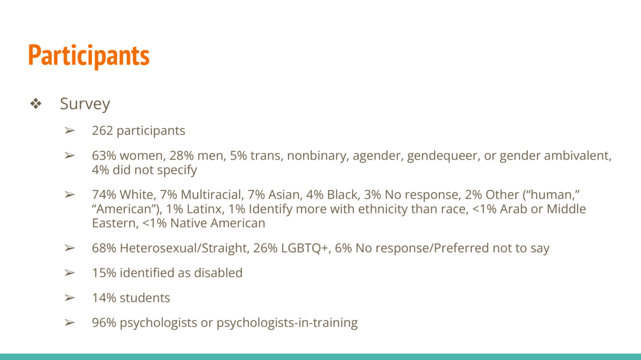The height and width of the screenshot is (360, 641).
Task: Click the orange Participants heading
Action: click(x=89, y=56)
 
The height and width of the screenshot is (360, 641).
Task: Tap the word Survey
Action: click(x=85, y=104)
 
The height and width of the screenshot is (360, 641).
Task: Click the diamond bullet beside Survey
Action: click(x=36, y=103)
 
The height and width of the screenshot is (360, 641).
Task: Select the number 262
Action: click(x=102, y=130)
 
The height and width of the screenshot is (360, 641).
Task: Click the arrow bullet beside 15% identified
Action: click(x=69, y=273)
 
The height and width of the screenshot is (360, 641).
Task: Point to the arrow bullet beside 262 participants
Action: click(x=69, y=130)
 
